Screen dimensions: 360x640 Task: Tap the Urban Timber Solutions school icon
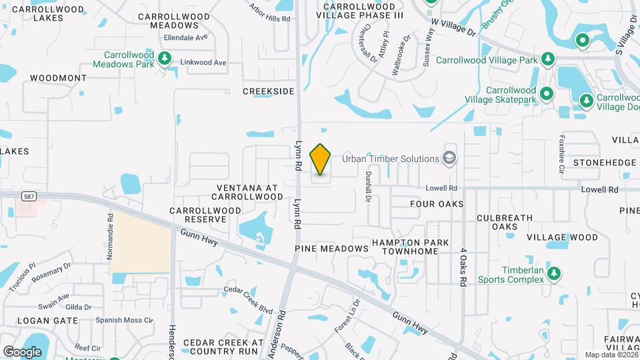450,158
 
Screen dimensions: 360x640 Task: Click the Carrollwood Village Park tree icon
548,59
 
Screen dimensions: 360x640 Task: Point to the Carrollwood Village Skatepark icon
547,93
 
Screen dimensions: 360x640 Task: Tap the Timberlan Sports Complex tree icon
553,273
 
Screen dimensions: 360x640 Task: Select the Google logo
22,351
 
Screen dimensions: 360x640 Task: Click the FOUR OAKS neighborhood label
437,203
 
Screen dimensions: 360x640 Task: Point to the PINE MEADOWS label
331,248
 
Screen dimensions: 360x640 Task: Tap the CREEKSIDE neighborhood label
268,91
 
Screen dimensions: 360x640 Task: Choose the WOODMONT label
58,78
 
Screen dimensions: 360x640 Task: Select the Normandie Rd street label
111,226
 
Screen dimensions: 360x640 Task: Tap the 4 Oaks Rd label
462,268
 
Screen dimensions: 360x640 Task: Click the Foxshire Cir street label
561,155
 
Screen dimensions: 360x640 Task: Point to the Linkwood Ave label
203,63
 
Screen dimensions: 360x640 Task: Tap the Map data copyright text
611,355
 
